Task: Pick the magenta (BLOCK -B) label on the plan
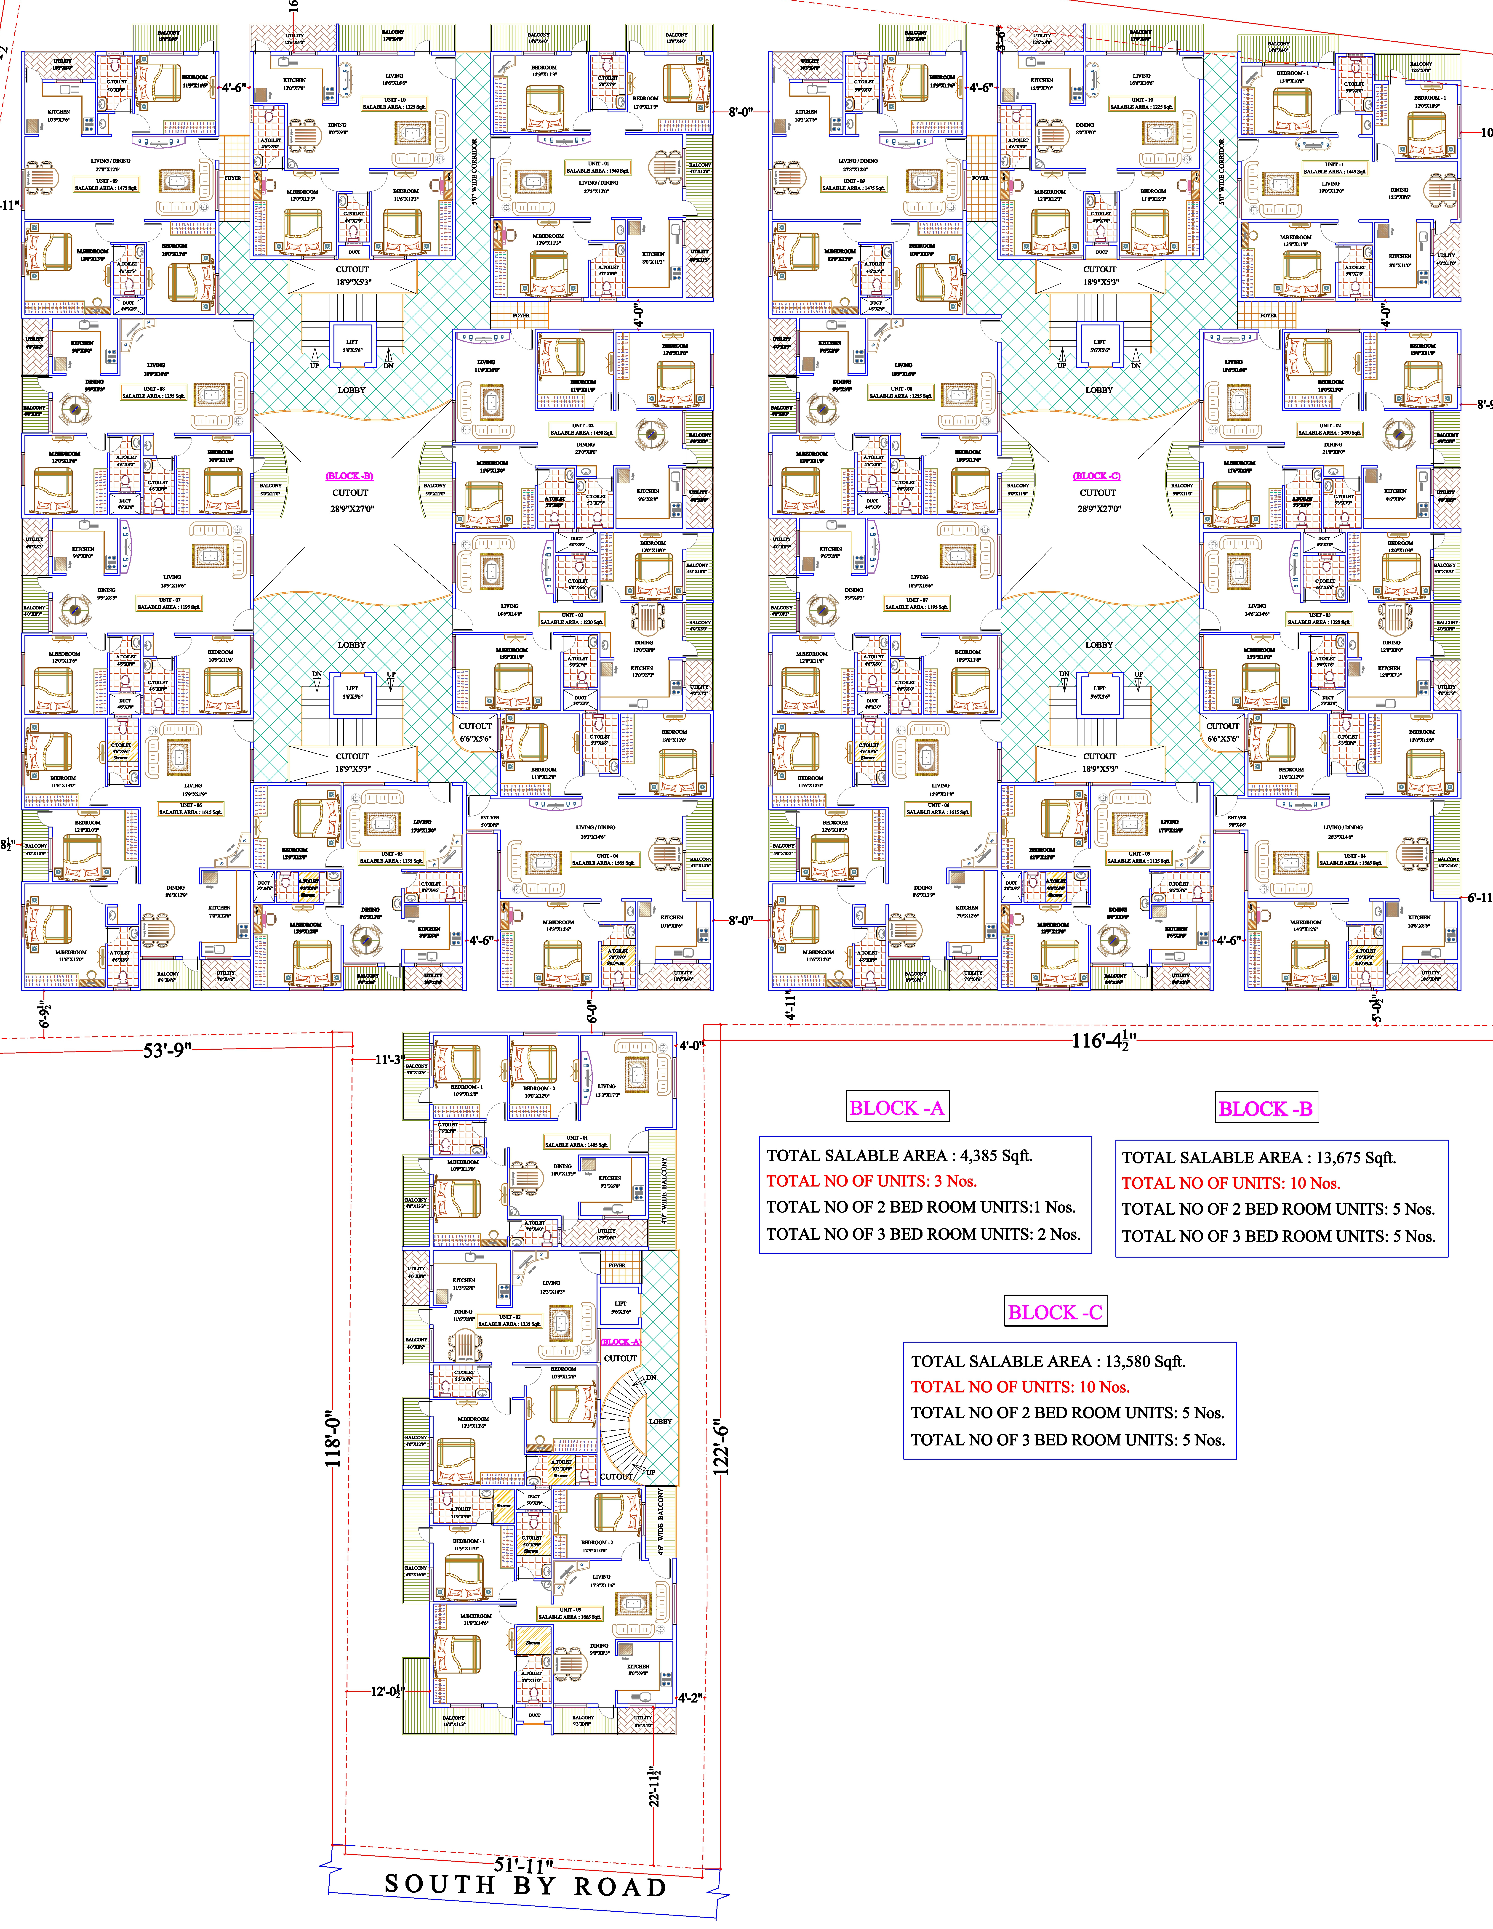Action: [350, 476]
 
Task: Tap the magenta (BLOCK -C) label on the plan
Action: [1097, 476]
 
